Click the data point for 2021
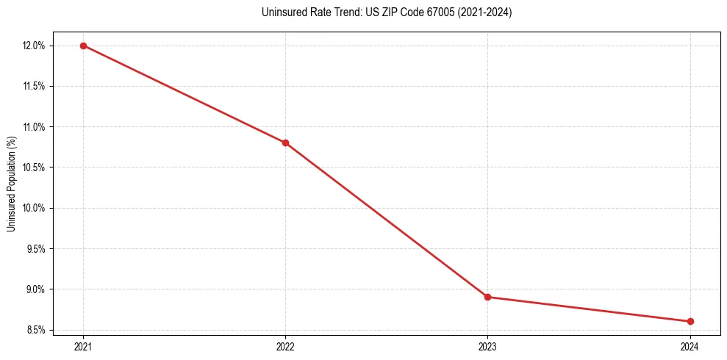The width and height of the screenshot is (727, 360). [x=83, y=46]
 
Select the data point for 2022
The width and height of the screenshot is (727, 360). [x=285, y=143]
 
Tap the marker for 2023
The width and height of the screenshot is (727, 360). [x=488, y=297]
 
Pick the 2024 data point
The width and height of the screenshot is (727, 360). [x=690, y=321]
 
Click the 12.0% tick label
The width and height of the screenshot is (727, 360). [x=35, y=46]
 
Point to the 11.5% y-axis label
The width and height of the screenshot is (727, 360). [x=35, y=86]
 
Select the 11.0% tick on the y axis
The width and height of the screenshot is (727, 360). [x=35, y=126]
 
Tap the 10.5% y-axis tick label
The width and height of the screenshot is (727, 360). [x=35, y=168]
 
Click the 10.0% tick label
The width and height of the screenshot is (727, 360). [x=35, y=208]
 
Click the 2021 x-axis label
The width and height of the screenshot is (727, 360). [x=83, y=346]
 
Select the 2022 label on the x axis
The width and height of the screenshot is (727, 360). [x=285, y=346]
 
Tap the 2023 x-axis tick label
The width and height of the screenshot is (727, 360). [x=488, y=346]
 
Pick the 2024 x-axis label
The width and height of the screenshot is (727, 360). [x=690, y=346]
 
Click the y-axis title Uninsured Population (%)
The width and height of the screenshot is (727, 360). [x=11, y=184]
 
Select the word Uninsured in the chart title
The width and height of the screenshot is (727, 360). [x=281, y=12]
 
